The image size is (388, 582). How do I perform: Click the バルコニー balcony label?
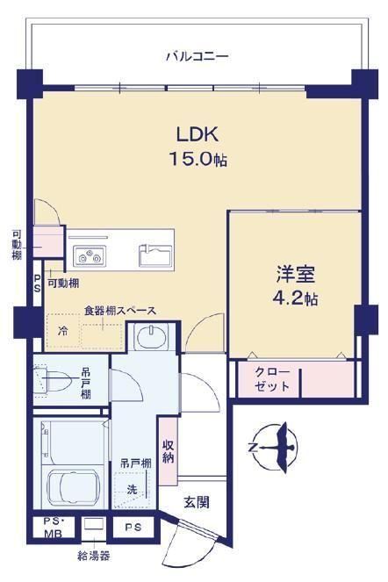pyautogui.click(x=197, y=57)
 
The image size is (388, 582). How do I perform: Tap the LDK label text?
pyautogui.click(x=198, y=134)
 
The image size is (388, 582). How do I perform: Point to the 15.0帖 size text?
pyautogui.click(x=198, y=159)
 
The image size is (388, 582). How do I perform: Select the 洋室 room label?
pyautogui.click(x=295, y=274)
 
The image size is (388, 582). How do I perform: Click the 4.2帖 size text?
pyautogui.click(x=295, y=298)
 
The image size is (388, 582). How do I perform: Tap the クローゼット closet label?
pyautogui.click(x=272, y=379)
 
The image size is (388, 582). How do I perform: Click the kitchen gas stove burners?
pyautogui.click(x=90, y=255)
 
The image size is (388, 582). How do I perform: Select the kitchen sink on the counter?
pyautogui.click(x=155, y=255)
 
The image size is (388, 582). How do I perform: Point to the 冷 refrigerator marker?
pyautogui.click(x=64, y=331)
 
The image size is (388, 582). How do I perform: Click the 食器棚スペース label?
pyautogui.click(x=120, y=311)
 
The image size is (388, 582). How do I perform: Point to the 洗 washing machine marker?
pyautogui.click(x=133, y=489)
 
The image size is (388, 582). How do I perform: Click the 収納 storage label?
pyautogui.click(x=169, y=451)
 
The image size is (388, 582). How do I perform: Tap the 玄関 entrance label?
pyautogui.click(x=197, y=502)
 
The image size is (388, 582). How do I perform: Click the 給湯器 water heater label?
pyautogui.click(x=94, y=556)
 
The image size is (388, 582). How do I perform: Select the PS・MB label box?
pyautogui.click(x=54, y=527)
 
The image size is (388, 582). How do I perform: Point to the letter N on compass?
pyautogui.click(x=253, y=447)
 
